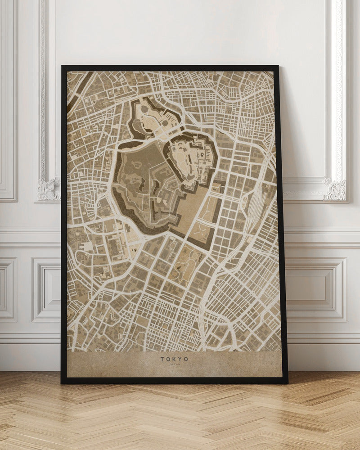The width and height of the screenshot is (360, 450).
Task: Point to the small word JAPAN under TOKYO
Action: (x=174, y=365)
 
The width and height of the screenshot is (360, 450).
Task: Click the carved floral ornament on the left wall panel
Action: (x=49, y=189)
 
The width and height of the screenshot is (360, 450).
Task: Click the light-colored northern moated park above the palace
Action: (x=151, y=115)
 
